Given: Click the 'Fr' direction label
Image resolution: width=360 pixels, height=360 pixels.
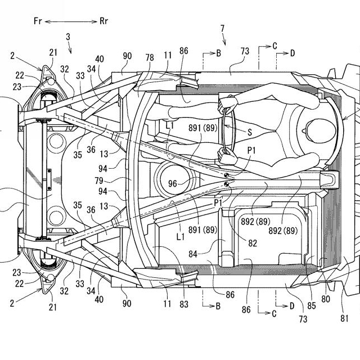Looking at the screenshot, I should [x=38, y=21].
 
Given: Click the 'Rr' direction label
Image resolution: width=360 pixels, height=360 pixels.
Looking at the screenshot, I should [x=105, y=21].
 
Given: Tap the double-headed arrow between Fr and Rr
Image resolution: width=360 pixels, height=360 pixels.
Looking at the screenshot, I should [x=71, y=21].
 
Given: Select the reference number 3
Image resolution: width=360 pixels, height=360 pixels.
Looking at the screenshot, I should [x=68, y=37].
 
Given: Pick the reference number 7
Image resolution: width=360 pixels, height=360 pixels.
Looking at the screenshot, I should [x=222, y=28].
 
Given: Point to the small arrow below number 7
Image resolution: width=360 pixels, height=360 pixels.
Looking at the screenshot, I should [x=224, y=39].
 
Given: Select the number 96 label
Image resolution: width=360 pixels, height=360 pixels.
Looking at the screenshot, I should [x=173, y=182].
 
